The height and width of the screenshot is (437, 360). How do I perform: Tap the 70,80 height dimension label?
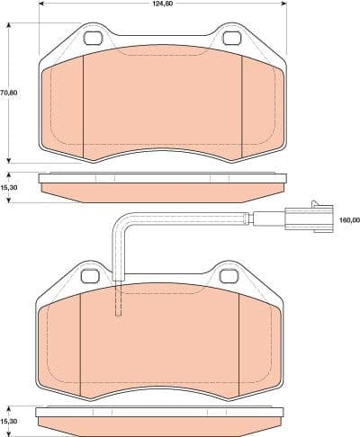click(x=8, y=92)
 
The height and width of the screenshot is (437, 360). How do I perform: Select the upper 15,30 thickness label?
click(x=9, y=186)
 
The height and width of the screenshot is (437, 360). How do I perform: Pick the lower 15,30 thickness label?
click(x=9, y=421)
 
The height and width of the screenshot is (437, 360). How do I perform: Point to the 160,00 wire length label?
click(x=348, y=219)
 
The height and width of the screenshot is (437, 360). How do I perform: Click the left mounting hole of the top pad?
click(x=93, y=39)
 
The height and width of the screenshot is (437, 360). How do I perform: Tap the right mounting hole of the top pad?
click(x=232, y=39)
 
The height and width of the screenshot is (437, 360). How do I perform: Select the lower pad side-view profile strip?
click(x=160, y=419)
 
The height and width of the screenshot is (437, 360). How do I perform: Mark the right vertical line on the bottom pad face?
click(x=239, y=342)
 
